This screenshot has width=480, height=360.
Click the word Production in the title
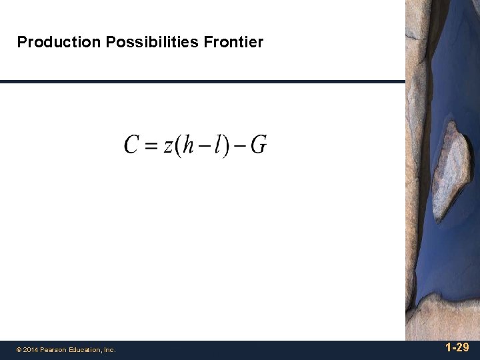[59, 43]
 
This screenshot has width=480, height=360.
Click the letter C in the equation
[132, 145]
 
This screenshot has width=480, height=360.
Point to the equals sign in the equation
[152, 145]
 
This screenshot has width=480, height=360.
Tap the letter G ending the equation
[259, 145]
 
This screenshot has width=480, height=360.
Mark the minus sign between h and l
[204, 146]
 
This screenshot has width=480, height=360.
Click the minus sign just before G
[240, 146]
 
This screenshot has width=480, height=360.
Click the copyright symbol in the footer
[19, 349]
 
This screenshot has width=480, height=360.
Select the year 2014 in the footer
[31, 349]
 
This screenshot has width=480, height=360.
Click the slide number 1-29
[457, 348]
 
